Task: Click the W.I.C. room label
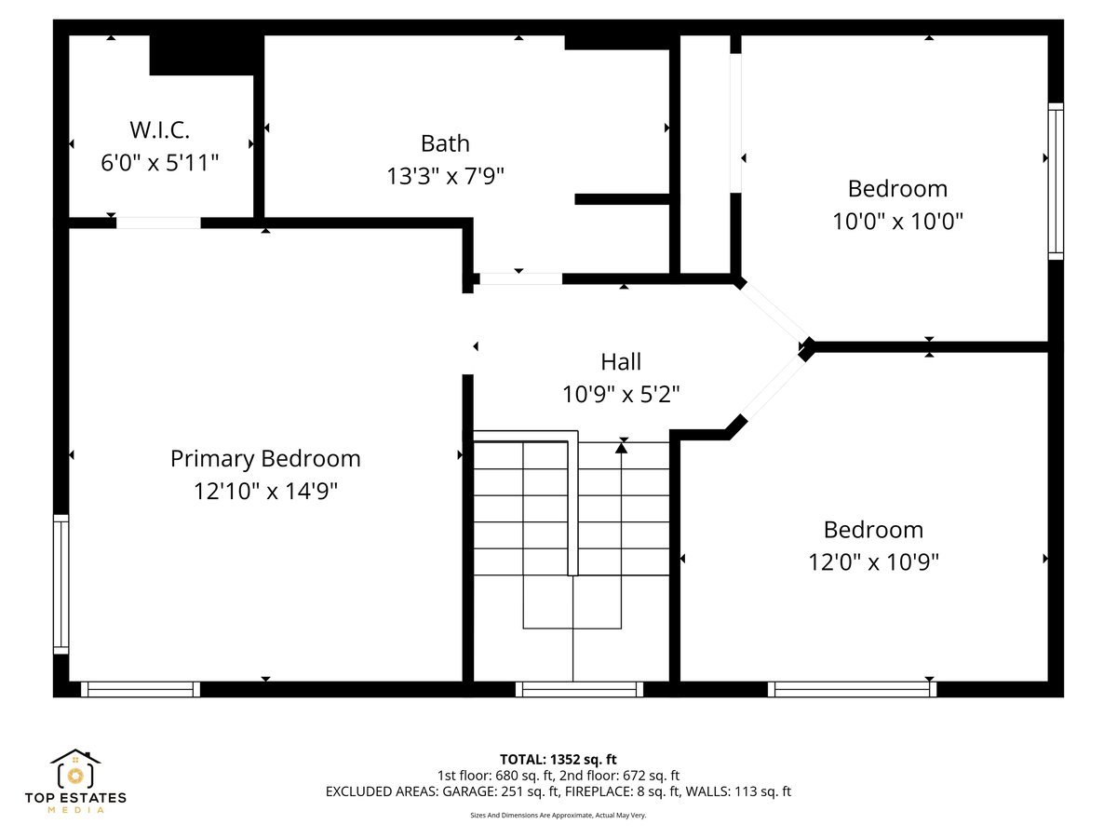pyautogui.click(x=159, y=129)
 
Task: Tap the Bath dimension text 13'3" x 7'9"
pyautogui.click(x=445, y=176)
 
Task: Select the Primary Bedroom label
pyautogui.click(x=265, y=459)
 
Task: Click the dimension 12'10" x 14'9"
pyautogui.click(x=265, y=492)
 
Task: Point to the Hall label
pyautogui.click(x=621, y=361)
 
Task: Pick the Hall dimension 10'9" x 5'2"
pyautogui.click(x=621, y=394)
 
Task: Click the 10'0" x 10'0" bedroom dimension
pyautogui.click(x=897, y=222)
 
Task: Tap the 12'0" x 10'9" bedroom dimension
pyautogui.click(x=873, y=562)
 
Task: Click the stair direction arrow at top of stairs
pyautogui.click(x=621, y=448)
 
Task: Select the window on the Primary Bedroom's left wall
pyautogui.click(x=61, y=585)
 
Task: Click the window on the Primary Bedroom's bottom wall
pyautogui.click(x=141, y=689)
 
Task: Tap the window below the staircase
pyautogui.click(x=579, y=689)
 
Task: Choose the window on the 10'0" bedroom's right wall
pyautogui.click(x=1056, y=181)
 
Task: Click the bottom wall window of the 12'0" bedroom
pyautogui.click(x=853, y=689)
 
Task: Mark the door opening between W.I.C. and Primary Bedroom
pyautogui.click(x=157, y=223)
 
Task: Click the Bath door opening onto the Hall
pyautogui.click(x=520, y=278)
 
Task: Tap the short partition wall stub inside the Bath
pyautogui.click(x=622, y=199)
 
